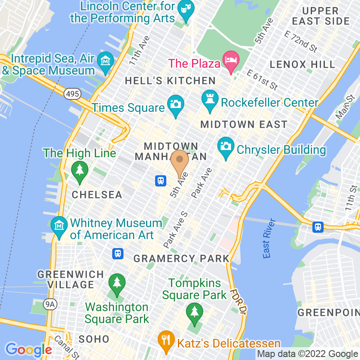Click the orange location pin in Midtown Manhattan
point(180,162)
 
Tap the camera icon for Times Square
point(175,105)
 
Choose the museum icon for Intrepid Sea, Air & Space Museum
point(105,61)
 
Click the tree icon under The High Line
point(79,170)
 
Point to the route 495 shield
point(73,93)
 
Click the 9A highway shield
point(50,304)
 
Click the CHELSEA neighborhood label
point(97,195)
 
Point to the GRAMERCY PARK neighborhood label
point(182,258)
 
